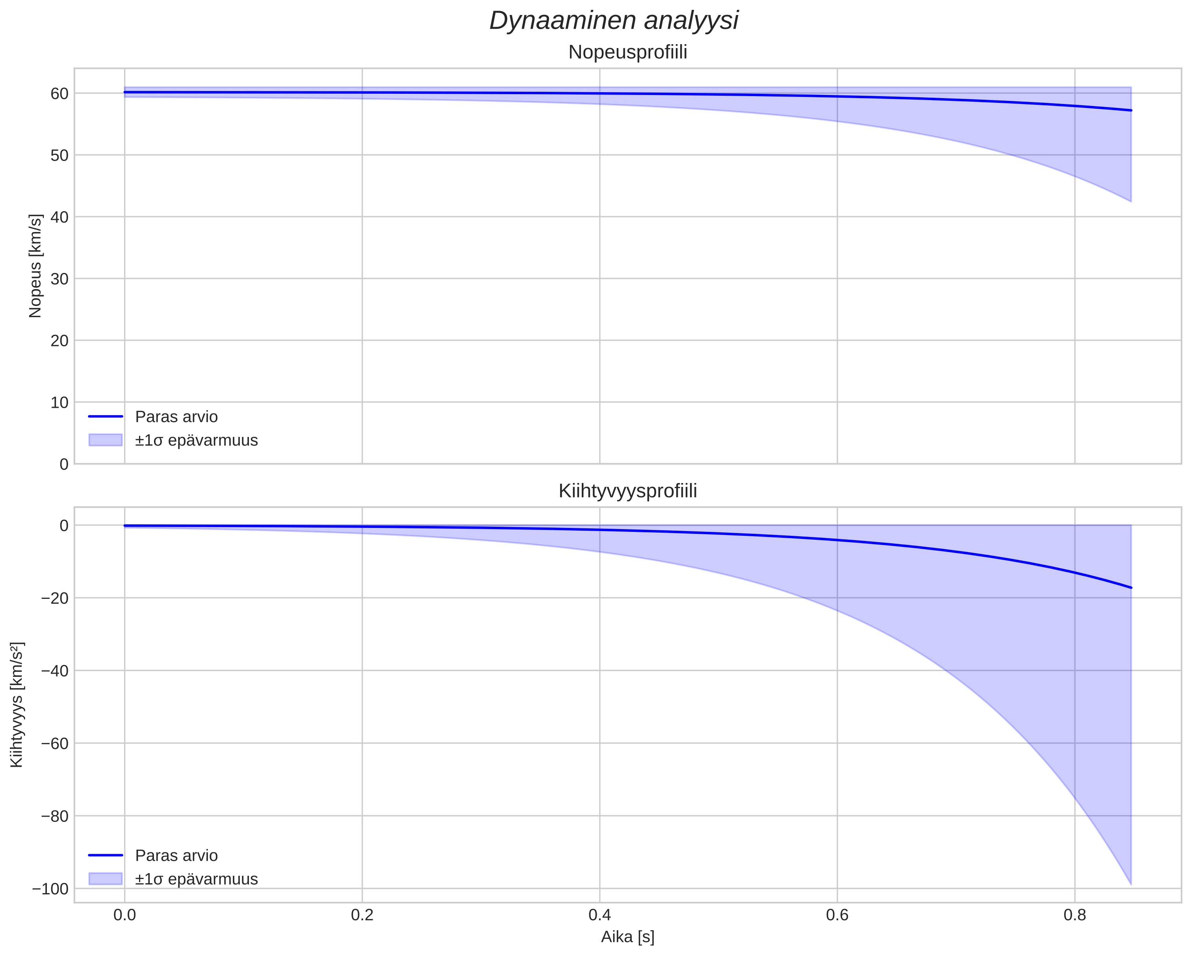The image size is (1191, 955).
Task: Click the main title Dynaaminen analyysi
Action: tap(614, 21)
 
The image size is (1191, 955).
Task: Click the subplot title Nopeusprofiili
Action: tap(627, 52)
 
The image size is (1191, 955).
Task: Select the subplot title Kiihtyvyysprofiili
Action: tap(627, 491)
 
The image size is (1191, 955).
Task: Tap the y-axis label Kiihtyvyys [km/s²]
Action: tap(17, 705)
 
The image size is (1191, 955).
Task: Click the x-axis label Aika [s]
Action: tap(627, 937)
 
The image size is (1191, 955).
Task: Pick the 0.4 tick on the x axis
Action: tap(599, 915)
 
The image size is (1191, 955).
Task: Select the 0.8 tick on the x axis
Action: tap(1074, 915)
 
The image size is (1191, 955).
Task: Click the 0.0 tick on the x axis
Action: tap(125, 915)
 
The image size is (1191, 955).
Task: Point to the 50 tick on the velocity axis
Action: tap(59, 155)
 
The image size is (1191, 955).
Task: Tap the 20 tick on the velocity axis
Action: tap(59, 340)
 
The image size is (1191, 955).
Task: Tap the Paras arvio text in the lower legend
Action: tap(176, 856)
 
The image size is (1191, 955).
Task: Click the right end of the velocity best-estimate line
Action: tap(1131, 111)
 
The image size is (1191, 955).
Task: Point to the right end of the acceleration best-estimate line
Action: tap(1131, 587)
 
